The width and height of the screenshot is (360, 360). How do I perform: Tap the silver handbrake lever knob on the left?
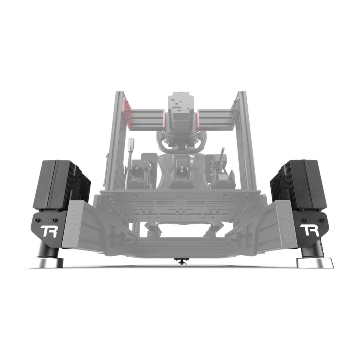point(131,143)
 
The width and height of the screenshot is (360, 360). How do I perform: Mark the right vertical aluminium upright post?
point(244,140)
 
